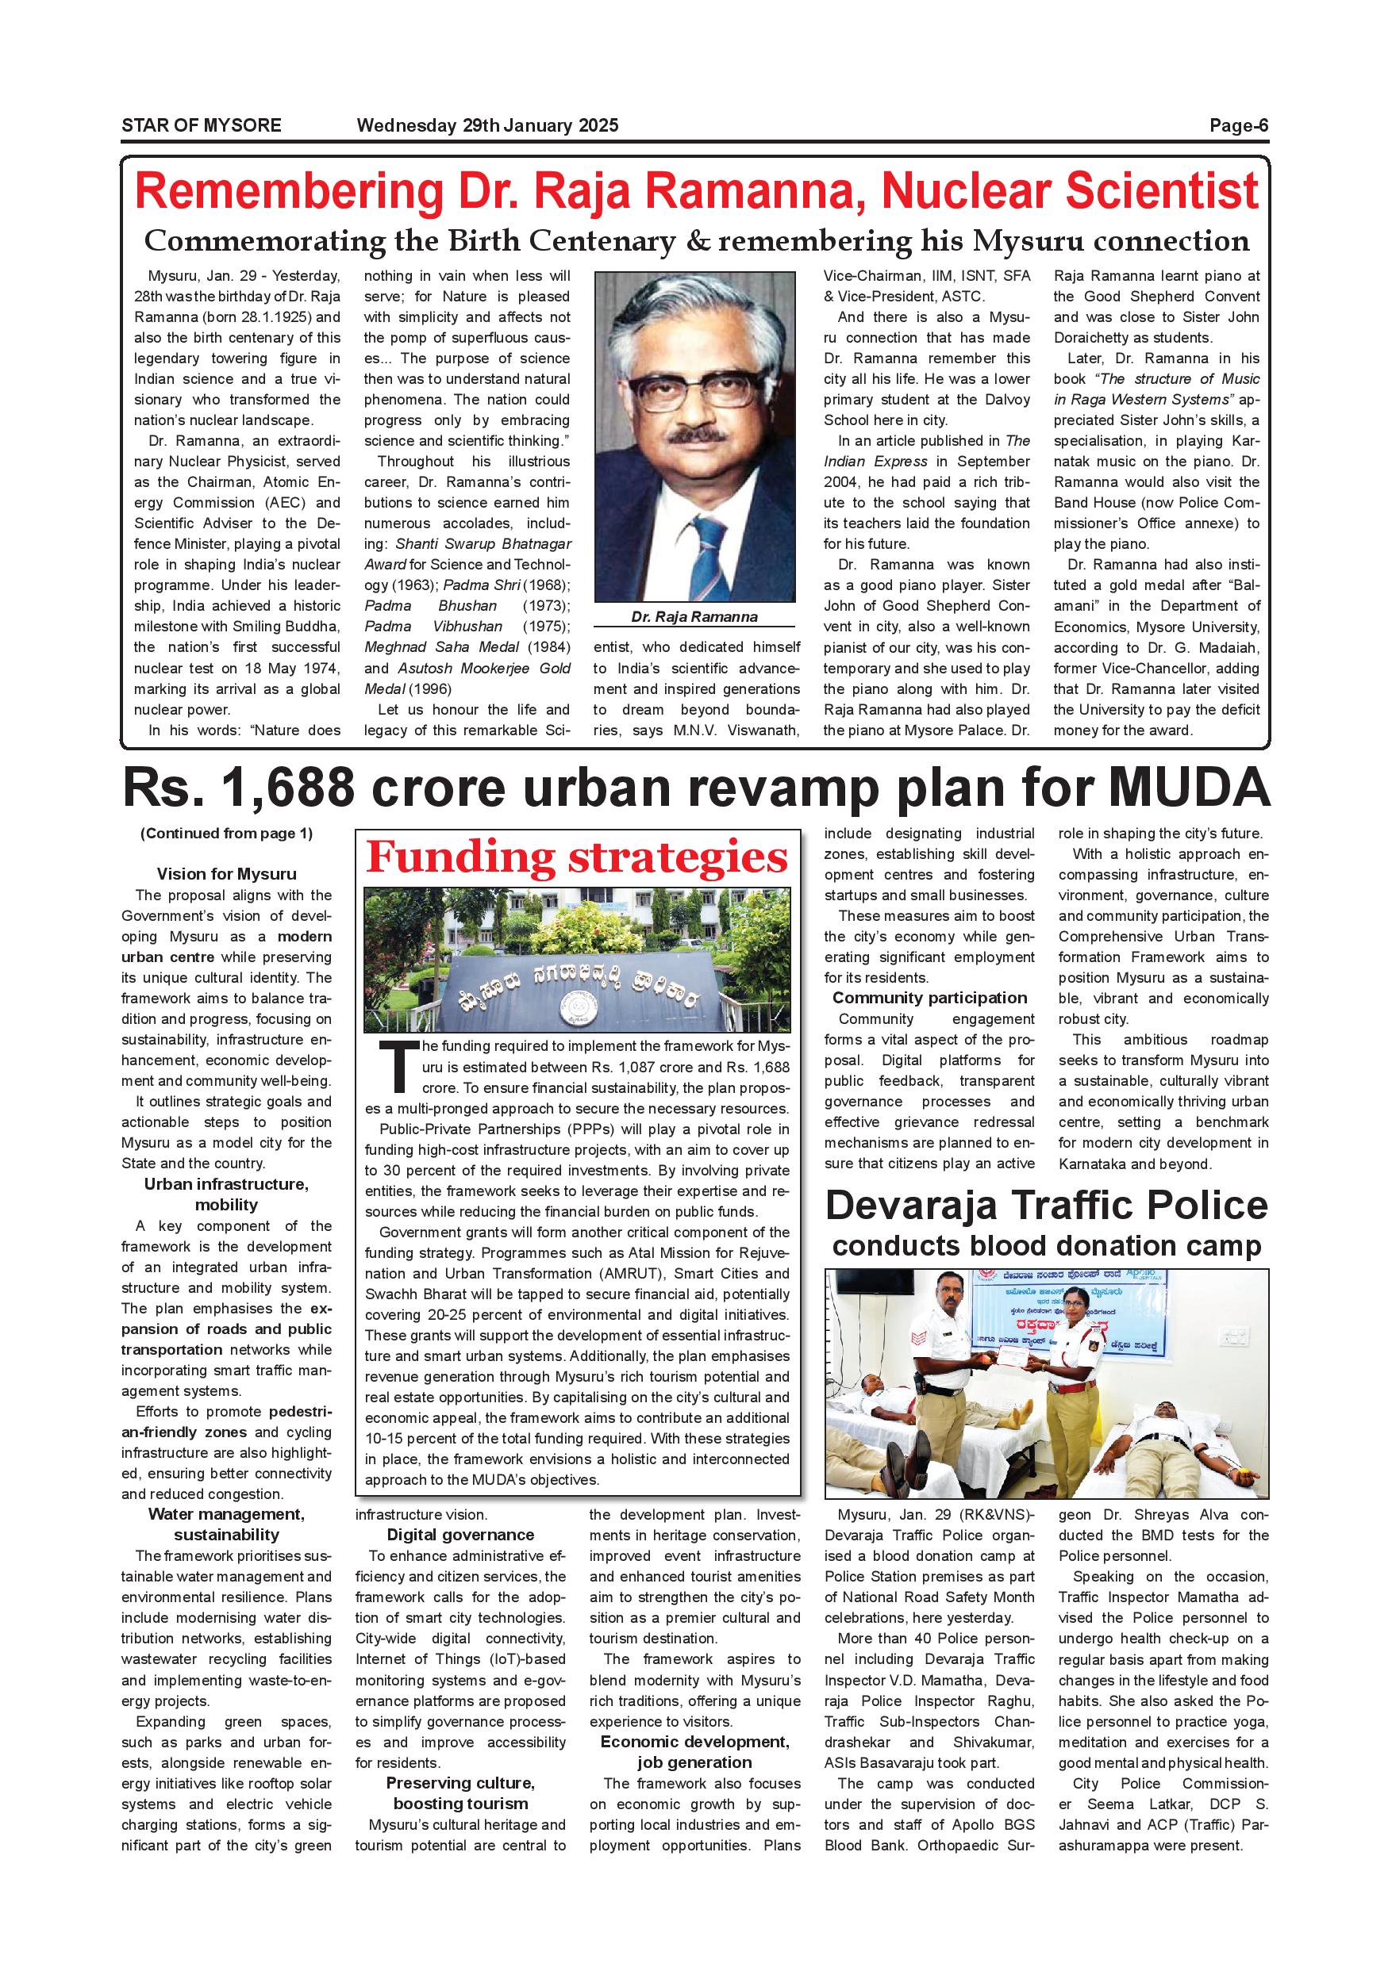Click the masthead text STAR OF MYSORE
(x=202, y=125)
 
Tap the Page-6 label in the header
(x=1239, y=125)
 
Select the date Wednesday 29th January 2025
(x=486, y=125)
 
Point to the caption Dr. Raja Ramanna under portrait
(x=694, y=616)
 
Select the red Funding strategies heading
(x=576, y=857)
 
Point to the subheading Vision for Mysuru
(x=226, y=874)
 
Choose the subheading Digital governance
(x=460, y=1535)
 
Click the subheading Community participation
(x=929, y=997)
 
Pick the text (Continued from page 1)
(x=226, y=833)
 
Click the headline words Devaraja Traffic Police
(x=1046, y=1205)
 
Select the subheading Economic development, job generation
(x=694, y=1752)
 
